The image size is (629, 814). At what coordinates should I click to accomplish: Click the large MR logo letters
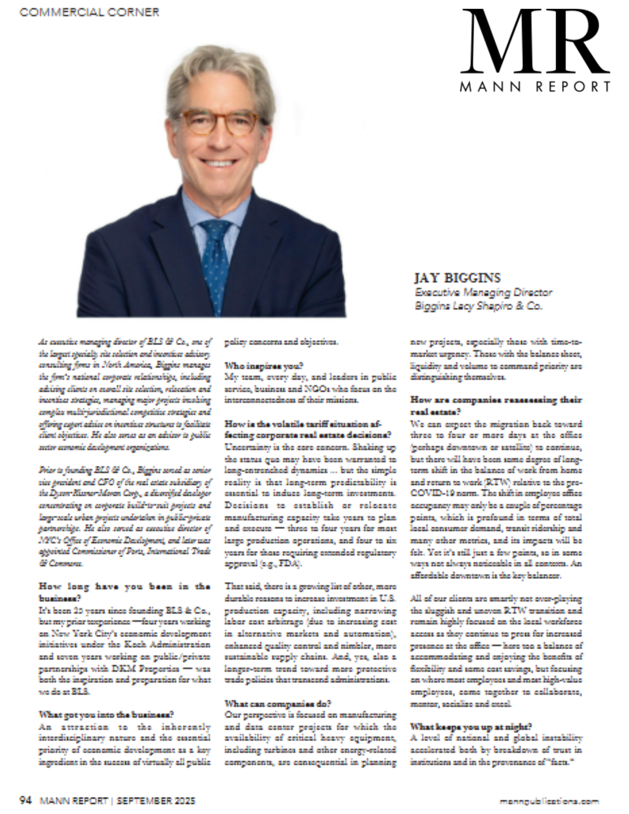tap(534, 43)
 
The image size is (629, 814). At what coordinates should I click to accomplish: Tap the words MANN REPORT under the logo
tap(535, 86)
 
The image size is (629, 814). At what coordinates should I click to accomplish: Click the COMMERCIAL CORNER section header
tap(89, 12)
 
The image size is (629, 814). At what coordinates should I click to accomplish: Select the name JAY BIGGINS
tap(457, 278)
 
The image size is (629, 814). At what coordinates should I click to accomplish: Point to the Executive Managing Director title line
tap(483, 292)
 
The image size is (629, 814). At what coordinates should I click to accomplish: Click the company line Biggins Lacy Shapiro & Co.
tap(478, 306)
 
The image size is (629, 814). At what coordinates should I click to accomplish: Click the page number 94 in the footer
tap(26, 800)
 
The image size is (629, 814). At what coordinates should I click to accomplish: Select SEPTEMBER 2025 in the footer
tap(156, 801)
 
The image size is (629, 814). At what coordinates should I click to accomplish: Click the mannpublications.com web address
tap(549, 801)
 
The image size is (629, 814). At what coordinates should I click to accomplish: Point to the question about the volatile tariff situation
tap(308, 429)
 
